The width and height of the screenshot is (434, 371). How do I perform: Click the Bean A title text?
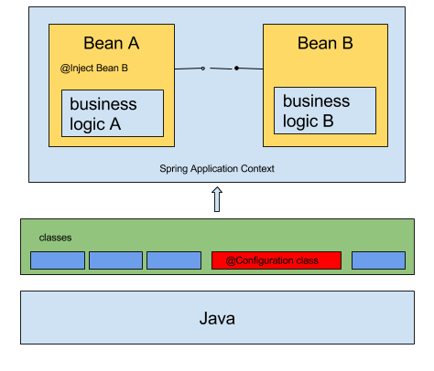(112, 43)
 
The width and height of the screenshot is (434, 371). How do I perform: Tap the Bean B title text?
(326, 43)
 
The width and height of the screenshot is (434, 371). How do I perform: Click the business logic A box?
(113, 113)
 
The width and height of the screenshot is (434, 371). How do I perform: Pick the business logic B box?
(324, 111)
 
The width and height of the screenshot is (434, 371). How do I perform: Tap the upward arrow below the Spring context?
(217, 199)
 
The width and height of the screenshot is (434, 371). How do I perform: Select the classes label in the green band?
(55, 238)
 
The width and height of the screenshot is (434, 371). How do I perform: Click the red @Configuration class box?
(276, 260)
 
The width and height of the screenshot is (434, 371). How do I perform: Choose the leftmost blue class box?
(57, 260)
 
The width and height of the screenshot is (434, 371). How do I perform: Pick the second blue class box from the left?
(115, 260)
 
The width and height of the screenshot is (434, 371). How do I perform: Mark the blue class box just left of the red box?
(174, 260)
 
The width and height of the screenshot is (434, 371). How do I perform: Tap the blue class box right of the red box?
(378, 260)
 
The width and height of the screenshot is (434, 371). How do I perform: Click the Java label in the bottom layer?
(217, 319)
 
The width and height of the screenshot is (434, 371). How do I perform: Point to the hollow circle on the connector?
(203, 68)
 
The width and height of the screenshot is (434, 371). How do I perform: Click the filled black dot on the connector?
(236, 68)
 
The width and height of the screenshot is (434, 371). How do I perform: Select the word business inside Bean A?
(103, 104)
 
